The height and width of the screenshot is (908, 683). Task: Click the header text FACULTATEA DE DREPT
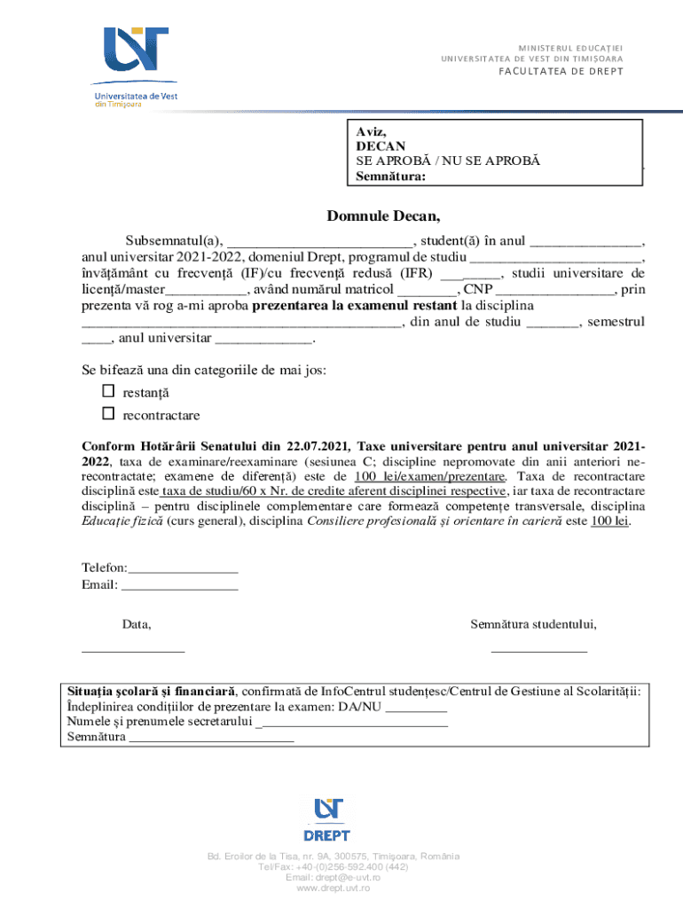pyautogui.click(x=559, y=72)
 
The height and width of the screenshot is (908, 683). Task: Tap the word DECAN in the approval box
pyautogui.click(x=381, y=145)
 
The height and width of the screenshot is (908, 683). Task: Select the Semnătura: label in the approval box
pyautogui.click(x=390, y=176)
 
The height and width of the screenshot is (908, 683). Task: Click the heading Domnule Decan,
pyautogui.click(x=383, y=216)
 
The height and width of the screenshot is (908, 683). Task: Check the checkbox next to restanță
pyautogui.click(x=108, y=391)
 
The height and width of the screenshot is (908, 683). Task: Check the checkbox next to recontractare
pyautogui.click(x=108, y=414)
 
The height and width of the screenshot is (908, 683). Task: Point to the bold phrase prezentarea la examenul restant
pyautogui.click(x=350, y=307)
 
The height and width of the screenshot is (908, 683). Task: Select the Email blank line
pyautogui.click(x=179, y=586)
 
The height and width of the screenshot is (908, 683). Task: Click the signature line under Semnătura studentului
pyautogui.click(x=538, y=652)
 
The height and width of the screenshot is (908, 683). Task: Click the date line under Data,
pyautogui.click(x=133, y=652)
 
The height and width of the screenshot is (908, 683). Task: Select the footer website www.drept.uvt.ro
pyautogui.click(x=333, y=888)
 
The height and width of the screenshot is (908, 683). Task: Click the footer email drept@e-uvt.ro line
pyautogui.click(x=333, y=878)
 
